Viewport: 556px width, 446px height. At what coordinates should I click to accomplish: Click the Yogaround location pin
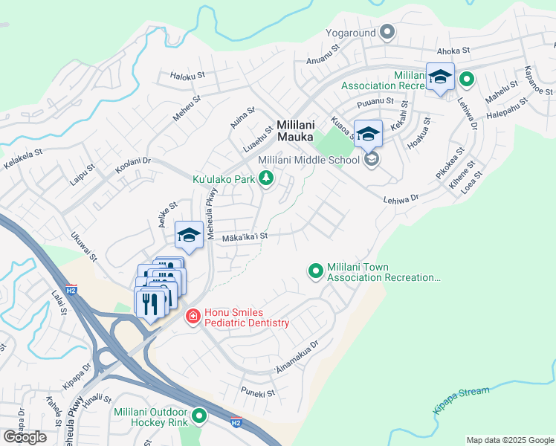387,32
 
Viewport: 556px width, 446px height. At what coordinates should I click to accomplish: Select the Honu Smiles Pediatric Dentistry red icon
193,317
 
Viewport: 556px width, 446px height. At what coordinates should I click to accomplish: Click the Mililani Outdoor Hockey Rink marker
198,416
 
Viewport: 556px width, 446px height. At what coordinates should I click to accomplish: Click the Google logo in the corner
25,437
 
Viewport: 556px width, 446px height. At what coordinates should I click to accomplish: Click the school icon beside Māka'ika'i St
190,236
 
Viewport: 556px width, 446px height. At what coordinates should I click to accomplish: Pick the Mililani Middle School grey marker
372,159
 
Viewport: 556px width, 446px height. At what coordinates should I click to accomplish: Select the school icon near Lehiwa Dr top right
440,77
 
